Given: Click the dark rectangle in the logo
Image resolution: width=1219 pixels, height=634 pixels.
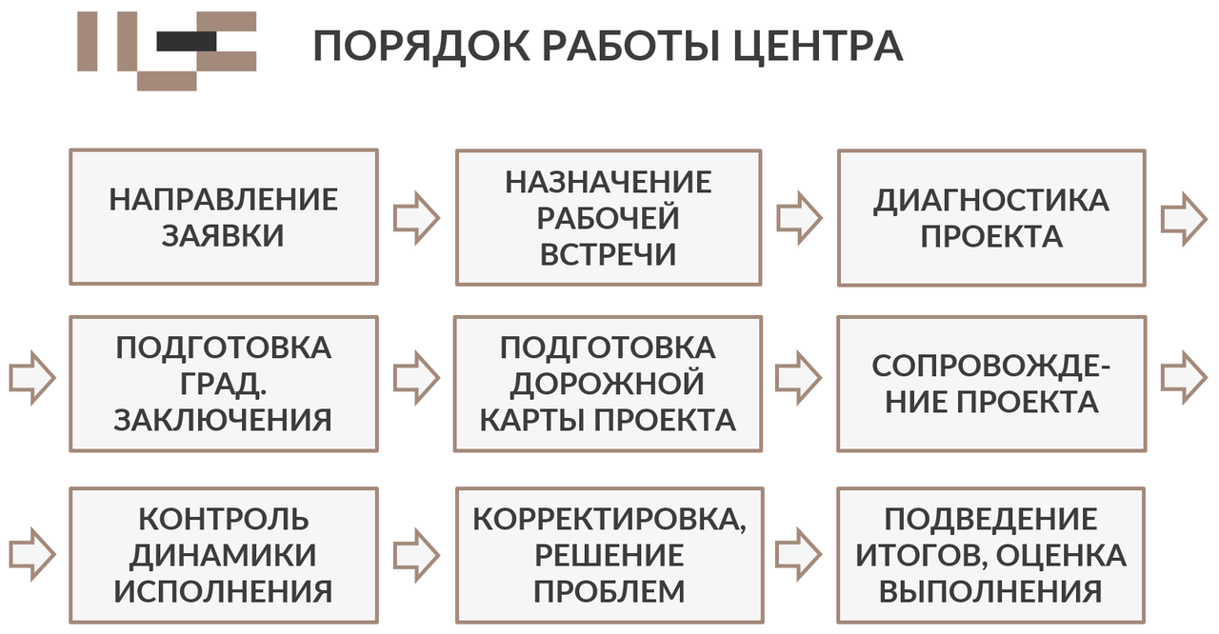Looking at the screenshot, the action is (x=186, y=42).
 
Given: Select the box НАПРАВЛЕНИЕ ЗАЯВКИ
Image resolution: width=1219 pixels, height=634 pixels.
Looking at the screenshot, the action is (x=224, y=217).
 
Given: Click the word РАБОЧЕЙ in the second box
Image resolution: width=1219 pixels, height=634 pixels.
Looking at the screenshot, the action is (x=609, y=217).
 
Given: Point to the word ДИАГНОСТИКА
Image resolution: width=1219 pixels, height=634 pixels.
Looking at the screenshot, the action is (x=991, y=200).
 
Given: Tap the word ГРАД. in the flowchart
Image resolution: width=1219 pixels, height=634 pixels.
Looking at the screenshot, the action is (x=223, y=384).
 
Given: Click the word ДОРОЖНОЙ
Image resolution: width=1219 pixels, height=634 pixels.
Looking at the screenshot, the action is (x=608, y=384).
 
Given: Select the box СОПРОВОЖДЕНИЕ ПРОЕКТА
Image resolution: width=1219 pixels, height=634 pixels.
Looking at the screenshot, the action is (x=991, y=384).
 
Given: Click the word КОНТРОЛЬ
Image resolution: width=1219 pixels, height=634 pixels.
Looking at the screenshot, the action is (x=224, y=519).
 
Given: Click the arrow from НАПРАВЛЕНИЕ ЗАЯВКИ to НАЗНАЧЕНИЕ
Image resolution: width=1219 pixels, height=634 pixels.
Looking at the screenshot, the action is (x=416, y=218).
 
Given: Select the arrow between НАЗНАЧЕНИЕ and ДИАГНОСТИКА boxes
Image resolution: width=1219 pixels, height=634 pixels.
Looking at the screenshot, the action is (x=799, y=218).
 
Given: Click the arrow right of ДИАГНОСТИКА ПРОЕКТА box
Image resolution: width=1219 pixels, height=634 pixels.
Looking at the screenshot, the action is (x=1184, y=220).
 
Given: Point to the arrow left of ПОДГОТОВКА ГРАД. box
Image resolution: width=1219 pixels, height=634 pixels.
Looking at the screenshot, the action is (x=32, y=378).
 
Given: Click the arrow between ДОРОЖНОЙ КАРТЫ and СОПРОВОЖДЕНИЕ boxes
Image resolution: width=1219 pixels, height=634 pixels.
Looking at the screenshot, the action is (x=798, y=378).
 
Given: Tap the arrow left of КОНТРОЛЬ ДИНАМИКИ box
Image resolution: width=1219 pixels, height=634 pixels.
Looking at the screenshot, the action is (x=32, y=555).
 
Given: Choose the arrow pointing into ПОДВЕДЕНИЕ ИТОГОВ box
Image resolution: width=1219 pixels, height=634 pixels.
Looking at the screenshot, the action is (x=798, y=555).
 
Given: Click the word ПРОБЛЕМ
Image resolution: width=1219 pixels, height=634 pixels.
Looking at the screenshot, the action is (x=609, y=591).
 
